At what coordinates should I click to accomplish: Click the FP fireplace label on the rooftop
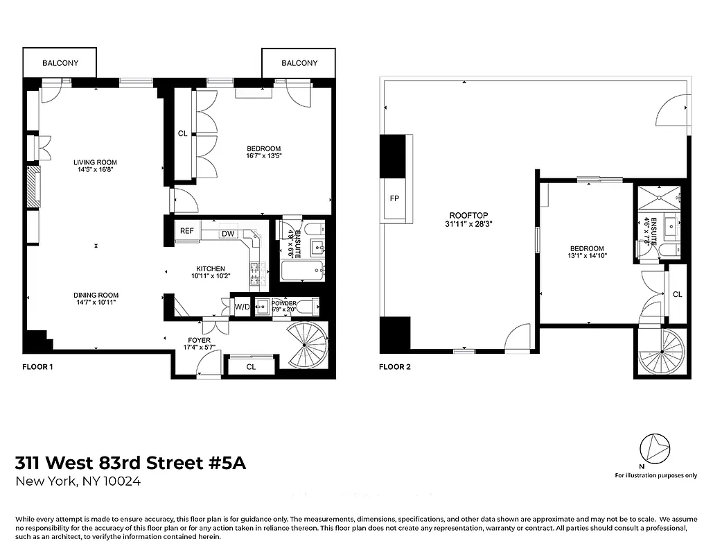tap(394, 198)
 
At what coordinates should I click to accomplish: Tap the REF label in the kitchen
tap(186, 231)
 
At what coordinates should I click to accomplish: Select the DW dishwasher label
tap(227, 234)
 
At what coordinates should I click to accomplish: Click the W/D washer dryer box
tap(242, 306)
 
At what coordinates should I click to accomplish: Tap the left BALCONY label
tap(60, 63)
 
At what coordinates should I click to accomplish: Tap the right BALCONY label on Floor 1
tap(299, 63)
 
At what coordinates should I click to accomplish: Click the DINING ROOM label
tap(96, 295)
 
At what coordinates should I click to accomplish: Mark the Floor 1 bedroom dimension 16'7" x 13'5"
tap(263, 157)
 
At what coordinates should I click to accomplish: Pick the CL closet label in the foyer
tap(251, 366)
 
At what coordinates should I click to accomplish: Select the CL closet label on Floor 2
tap(677, 294)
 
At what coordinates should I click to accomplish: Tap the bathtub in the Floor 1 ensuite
tap(303, 271)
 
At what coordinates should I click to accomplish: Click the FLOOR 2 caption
tap(394, 367)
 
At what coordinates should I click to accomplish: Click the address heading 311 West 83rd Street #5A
tap(131, 463)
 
